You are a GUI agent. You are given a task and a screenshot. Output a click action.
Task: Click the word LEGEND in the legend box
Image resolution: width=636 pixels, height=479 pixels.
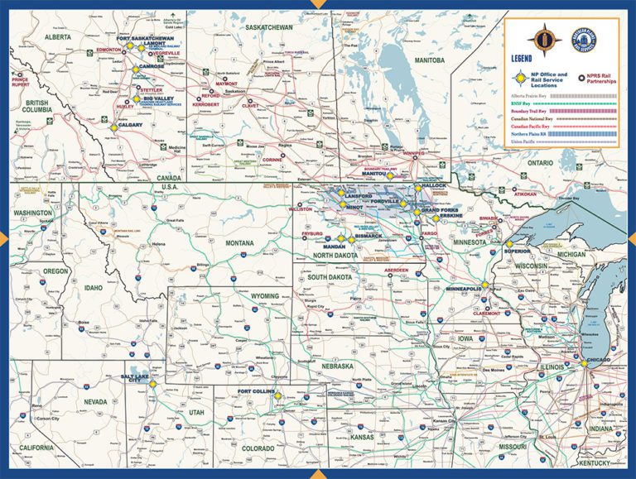[x=523, y=60]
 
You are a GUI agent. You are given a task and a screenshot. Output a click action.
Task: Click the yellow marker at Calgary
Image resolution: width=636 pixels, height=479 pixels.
[x=113, y=127]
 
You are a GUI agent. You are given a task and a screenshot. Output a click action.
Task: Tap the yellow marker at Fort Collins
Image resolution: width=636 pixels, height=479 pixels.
[x=277, y=396]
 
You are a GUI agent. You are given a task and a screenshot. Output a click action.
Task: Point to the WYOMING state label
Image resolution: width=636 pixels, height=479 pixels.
[x=265, y=295]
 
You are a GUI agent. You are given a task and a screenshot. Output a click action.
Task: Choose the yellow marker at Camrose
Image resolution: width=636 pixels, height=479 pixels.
[x=135, y=70]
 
